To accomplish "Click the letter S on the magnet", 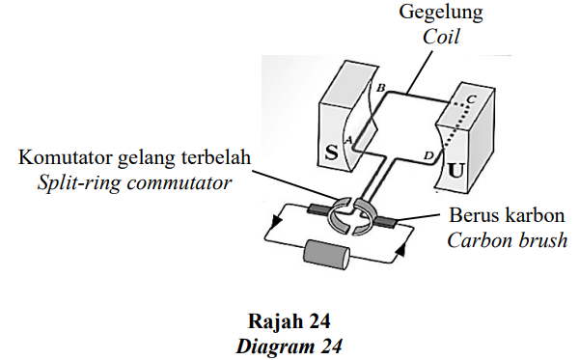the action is click(x=332, y=152).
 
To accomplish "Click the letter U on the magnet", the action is click(x=455, y=171).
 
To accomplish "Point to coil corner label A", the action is click(x=347, y=140).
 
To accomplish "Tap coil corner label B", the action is click(x=380, y=88).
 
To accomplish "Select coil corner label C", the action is click(x=471, y=99).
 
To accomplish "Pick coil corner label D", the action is click(x=427, y=155).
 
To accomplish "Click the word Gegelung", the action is click(x=441, y=12).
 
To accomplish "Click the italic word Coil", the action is click(x=441, y=37).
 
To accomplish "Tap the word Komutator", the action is click(x=66, y=157).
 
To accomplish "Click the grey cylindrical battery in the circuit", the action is click(x=326, y=255).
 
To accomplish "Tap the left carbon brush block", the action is click(x=318, y=209).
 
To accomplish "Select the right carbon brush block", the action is click(x=385, y=221).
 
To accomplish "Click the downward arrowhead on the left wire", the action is click(x=276, y=222).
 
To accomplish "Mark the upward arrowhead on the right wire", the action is click(x=400, y=250).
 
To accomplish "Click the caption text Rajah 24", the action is click(x=289, y=320).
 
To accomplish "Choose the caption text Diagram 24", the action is click(x=289, y=346).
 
